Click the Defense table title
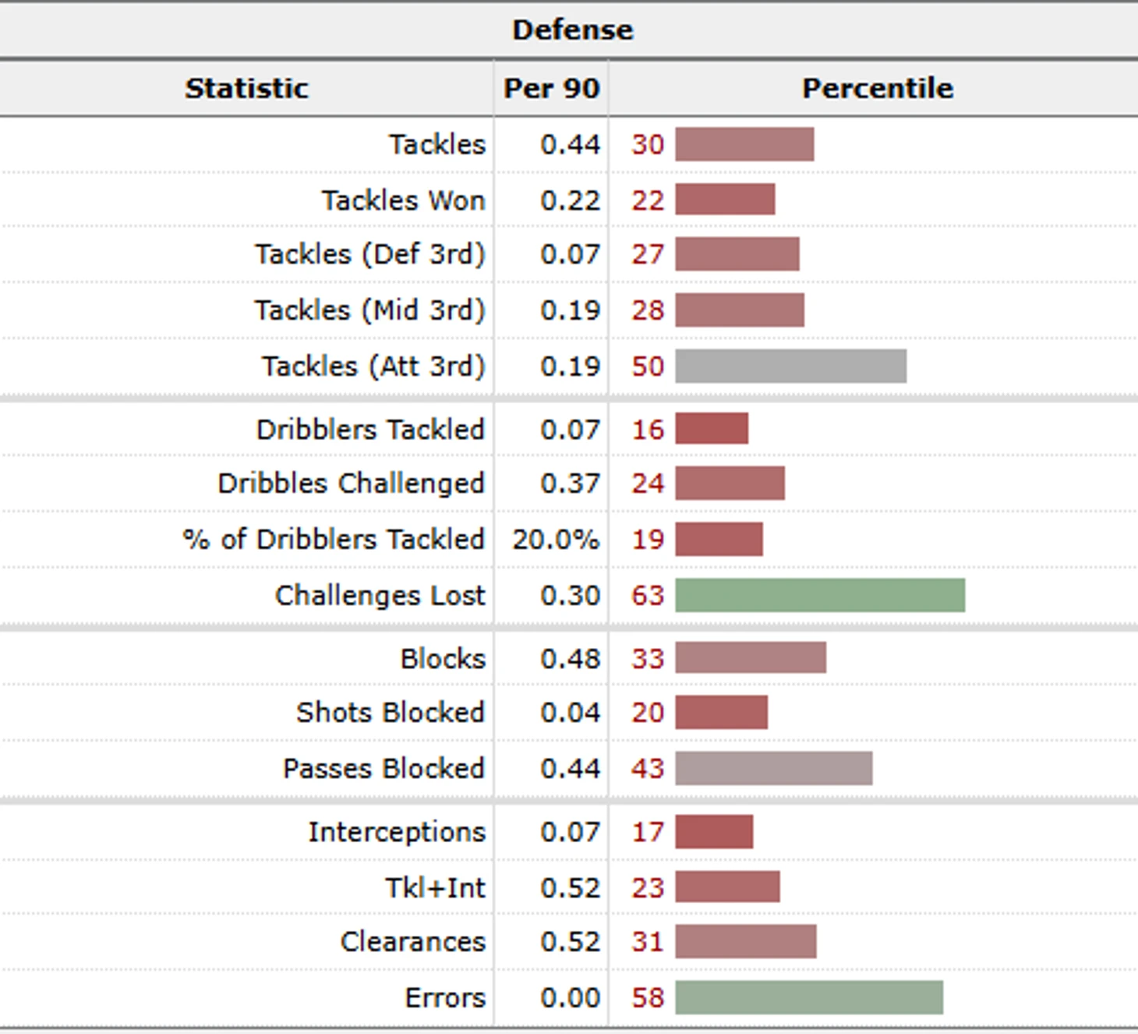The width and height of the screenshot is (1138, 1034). pos(572,30)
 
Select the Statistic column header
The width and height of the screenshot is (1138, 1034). pos(246,88)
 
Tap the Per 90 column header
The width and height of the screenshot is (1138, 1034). pos(551,88)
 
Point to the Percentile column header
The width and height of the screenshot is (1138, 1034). pos(877,88)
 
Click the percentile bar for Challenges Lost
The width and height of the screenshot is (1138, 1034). pos(820,596)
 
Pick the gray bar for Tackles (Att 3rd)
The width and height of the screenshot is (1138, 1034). pos(790,367)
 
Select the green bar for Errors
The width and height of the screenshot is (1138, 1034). pos(809,998)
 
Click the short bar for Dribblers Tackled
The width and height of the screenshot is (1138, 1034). pos(712,429)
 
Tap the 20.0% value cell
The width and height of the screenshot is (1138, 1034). pos(555,540)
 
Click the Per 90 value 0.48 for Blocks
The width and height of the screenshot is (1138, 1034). pos(570,659)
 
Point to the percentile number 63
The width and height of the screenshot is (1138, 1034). pos(647,596)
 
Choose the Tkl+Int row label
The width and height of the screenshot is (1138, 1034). pos(435,887)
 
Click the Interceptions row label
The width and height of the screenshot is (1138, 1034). pos(396,832)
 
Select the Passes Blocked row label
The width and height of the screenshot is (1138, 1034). pos(383,769)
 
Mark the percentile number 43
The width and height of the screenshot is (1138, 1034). pos(647,769)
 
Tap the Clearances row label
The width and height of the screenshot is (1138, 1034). pos(412,942)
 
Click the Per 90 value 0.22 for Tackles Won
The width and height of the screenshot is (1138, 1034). pos(570,200)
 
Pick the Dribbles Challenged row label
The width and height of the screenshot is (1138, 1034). pos(351,483)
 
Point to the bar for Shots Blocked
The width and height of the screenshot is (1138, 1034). pos(721,713)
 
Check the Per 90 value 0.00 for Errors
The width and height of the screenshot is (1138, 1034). pos(570,998)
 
